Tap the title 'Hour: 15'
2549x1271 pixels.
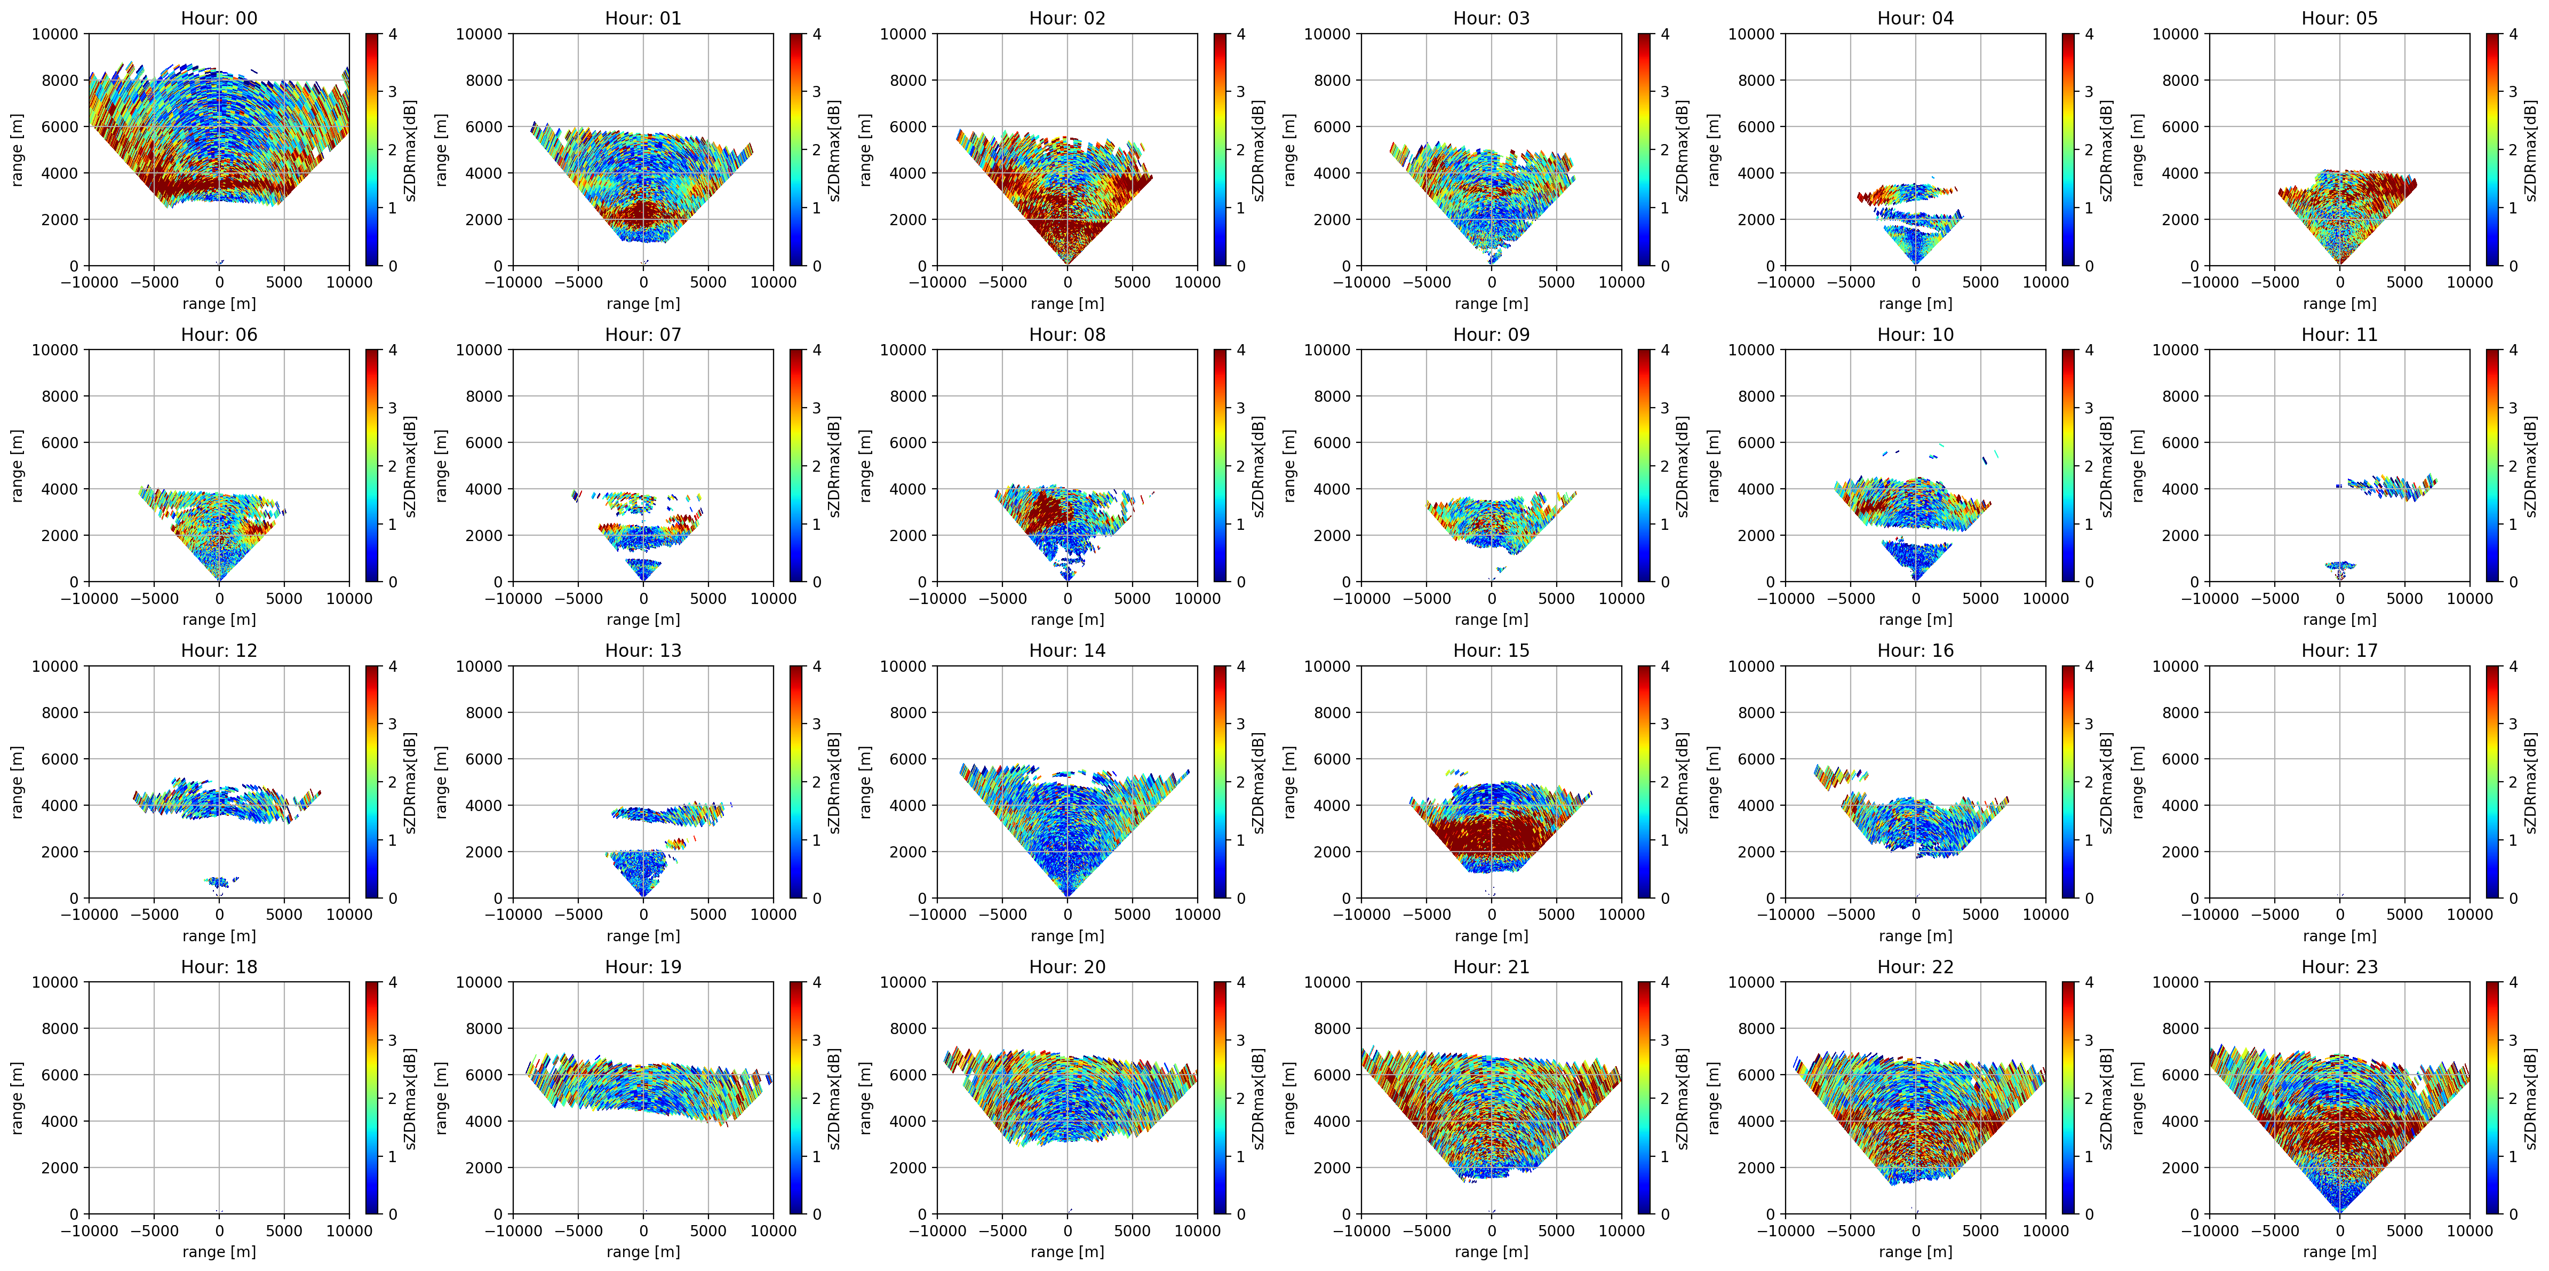pyautogui.click(x=1491, y=650)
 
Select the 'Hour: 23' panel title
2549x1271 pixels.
pyautogui.click(x=2339, y=966)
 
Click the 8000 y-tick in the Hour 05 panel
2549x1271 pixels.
pyautogui.click(x=2180, y=80)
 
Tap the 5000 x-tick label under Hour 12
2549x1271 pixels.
pyautogui.click(x=284, y=913)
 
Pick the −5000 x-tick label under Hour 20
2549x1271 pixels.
pyautogui.click(x=1002, y=1230)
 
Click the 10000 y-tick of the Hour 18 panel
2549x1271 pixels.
pyautogui.click(x=54, y=982)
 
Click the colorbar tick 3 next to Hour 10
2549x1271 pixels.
pyautogui.click(x=2089, y=408)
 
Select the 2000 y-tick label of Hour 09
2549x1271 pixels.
pyautogui.click(x=1332, y=536)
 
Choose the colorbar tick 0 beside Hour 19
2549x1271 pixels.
pyautogui.click(x=816, y=1213)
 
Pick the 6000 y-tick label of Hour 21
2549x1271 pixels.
pyautogui.click(x=1332, y=1075)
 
